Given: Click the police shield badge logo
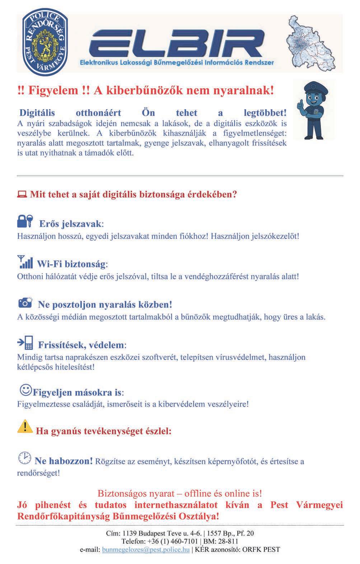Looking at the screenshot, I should click(x=45, y=43).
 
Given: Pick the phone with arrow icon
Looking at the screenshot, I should click(x=25, y=343).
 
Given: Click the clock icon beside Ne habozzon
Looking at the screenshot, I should click(x=24, y=458).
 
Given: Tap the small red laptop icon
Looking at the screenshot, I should click(x=22, y=195).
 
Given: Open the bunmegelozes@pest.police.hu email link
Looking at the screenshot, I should click(x=146, y=549).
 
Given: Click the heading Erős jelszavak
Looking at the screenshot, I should click(x=71, y=224).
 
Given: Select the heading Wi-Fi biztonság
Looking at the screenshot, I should click(x=72, y=265).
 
